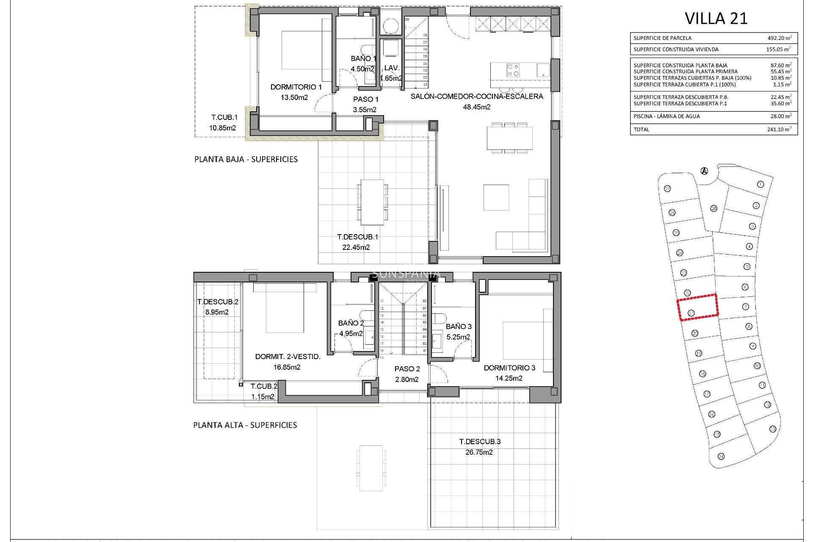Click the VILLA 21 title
tap(716, 19)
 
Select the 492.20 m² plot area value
tap(779, 38)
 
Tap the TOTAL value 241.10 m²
tap(779, 130)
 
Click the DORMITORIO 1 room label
tap(296, 87)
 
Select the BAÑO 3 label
tap(458, 326)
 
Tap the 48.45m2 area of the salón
tap(476, 107)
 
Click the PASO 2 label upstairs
tap(407, 369)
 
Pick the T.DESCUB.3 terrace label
tap(480, 442)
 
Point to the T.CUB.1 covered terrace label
tap(224, 118)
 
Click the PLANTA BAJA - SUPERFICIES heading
tap(246, 160)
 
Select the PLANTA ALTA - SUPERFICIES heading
tap(245, 425)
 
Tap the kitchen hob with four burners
tap(513, 70)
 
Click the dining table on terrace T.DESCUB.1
tap(372, 202)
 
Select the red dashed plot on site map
tap(697, 307)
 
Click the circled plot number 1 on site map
tap(760, 185)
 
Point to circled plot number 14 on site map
tap(721, 456)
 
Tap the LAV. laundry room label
tap(392, 68)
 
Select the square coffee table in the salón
tap(496, 197)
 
